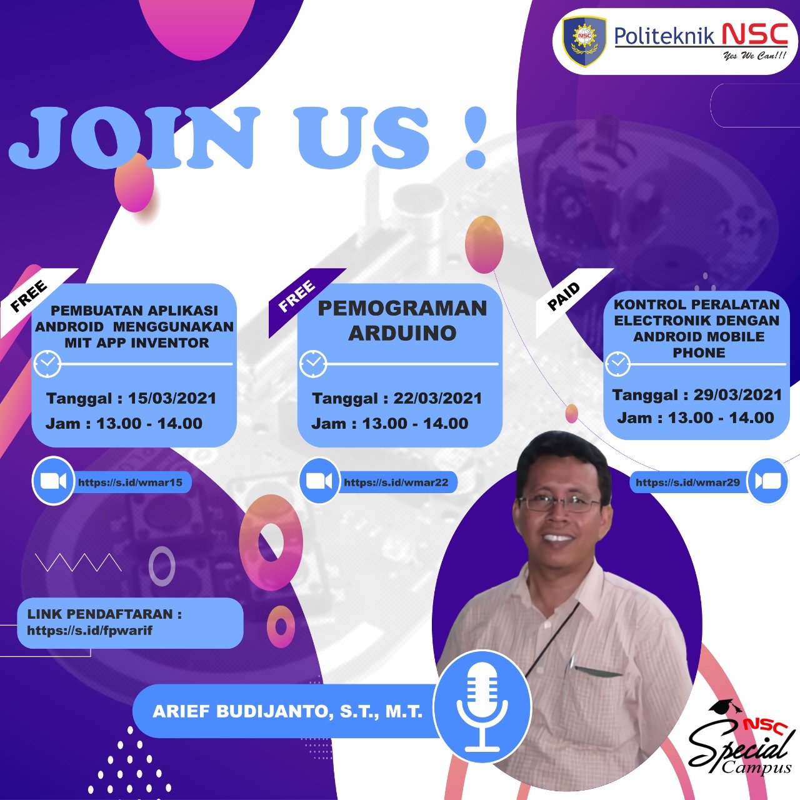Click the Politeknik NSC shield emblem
[584, 41]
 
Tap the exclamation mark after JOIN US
[476, 137]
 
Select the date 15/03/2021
[172, 398]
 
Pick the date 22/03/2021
[437, 398]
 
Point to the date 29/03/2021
[737, 394]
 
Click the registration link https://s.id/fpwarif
[89, 631]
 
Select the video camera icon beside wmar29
[767, 481]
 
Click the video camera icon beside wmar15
[53, 481]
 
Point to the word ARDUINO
[402, 333]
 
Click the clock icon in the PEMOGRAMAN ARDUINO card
[313, 364]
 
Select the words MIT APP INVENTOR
[137, 343]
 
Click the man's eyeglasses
[559, 502]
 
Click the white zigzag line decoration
[79, 562]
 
